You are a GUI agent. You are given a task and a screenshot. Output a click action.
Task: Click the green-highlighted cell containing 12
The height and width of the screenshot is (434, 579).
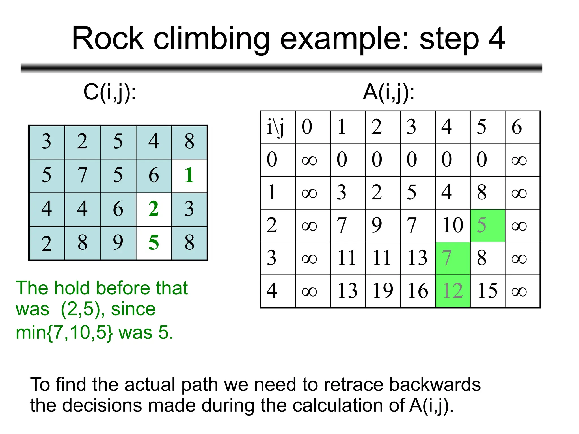click(453, 291)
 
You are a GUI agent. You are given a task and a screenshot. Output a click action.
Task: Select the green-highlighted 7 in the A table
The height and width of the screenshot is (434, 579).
click(453, 258)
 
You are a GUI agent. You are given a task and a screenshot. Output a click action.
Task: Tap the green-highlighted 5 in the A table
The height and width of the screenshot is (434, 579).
click(487, 225)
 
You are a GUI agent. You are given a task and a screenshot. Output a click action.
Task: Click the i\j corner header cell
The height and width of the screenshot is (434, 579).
click(278, 127)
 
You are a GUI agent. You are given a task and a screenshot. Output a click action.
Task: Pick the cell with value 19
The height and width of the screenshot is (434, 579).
click(383, 291)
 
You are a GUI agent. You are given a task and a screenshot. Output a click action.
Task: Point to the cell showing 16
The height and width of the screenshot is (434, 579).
click(418, 291)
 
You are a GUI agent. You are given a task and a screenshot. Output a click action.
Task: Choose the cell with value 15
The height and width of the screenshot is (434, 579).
click(487, 291)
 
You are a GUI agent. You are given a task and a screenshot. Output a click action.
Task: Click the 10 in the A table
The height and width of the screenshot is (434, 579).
click(453, 225)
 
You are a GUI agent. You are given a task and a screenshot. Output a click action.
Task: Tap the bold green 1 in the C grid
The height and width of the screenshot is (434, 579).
click(189, 175)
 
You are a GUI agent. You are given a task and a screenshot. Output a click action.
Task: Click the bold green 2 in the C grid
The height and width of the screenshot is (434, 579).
click(154, 209)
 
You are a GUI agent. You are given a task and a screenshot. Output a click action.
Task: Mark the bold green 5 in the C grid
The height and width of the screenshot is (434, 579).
click(154, 243)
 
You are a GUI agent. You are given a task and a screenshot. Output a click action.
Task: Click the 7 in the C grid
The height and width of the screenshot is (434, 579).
click(82, 175)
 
